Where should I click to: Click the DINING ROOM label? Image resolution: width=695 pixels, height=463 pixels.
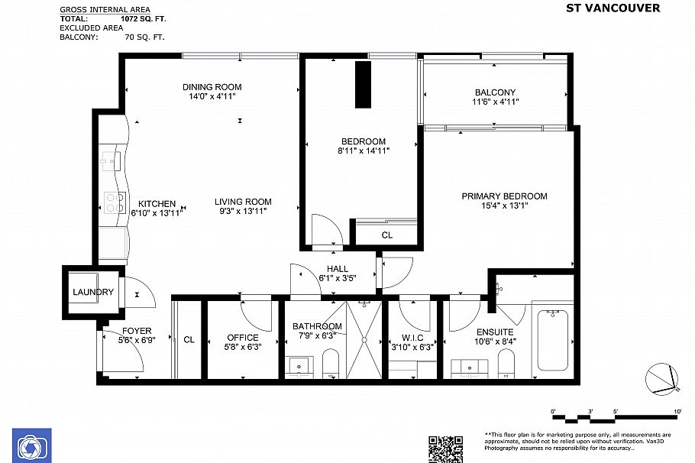[x=212, y=87]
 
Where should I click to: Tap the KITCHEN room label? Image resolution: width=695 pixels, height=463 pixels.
[x=157, y=204]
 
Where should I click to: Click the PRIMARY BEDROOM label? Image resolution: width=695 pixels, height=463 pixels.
[x=504, y=196]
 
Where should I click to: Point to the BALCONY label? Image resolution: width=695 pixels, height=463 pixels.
[x=495, y=92]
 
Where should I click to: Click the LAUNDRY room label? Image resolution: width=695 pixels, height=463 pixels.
[x=93, y=292]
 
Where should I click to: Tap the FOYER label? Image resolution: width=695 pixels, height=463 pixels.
[x=137, y=331]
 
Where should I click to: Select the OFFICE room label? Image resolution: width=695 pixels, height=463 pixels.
[x=243, y=338]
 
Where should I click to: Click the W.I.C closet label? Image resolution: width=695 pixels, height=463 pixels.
[x=411, y=337]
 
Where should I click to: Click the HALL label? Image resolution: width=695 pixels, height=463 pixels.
[x=338, y=269]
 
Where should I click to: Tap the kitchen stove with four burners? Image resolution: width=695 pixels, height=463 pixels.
[x=115, y=202]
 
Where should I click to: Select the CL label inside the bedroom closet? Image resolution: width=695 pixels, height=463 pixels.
[x=386, y=235]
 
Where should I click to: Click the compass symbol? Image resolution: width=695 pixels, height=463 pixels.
[x=661, y=379]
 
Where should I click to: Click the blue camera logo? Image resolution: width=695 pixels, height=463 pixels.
[x=31, y=445]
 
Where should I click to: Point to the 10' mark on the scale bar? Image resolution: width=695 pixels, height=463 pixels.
[x=676, y=412]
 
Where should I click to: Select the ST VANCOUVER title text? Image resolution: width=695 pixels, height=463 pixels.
[x=613, y=8]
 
